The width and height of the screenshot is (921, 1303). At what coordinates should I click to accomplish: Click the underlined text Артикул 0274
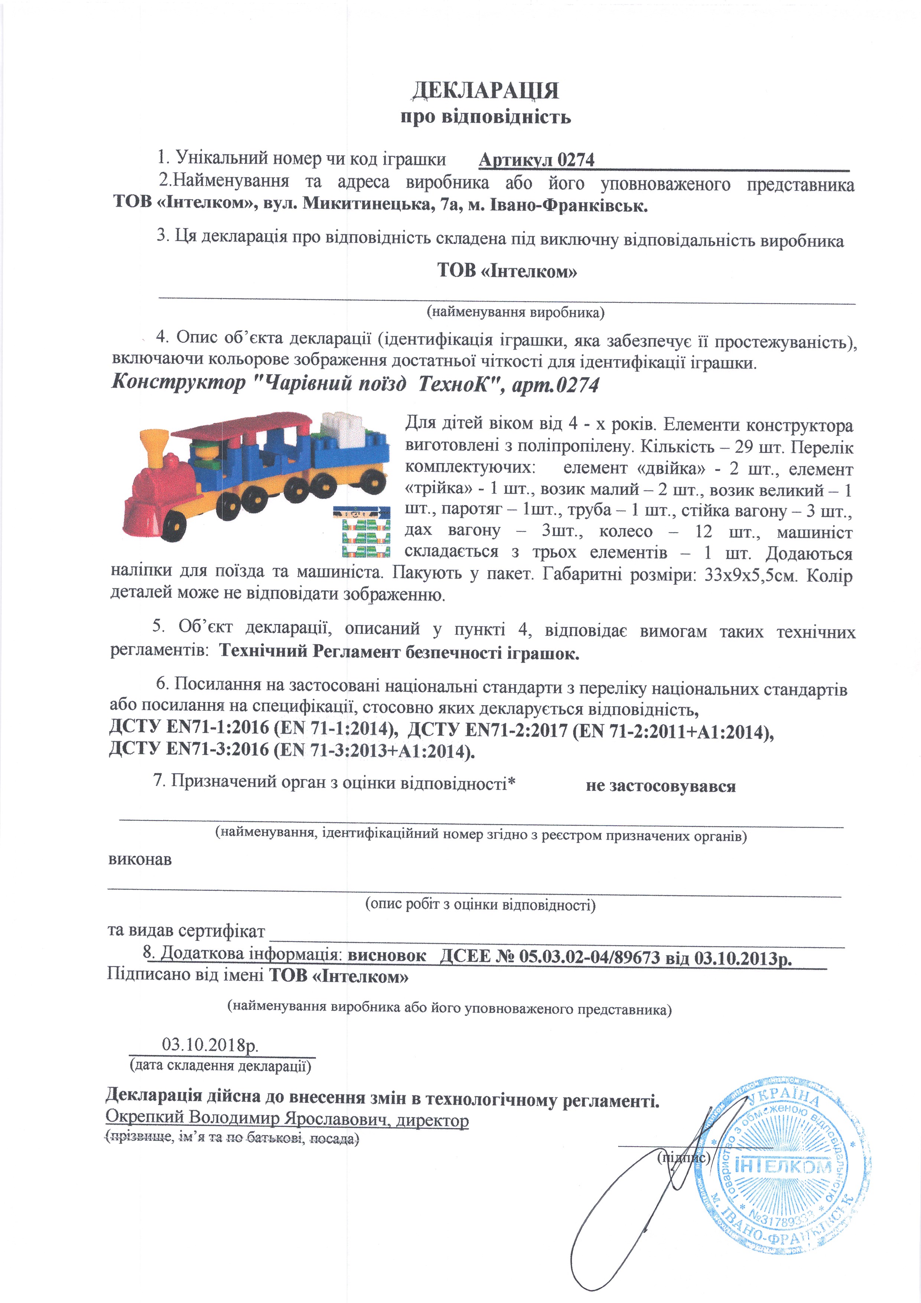tap(536, 160)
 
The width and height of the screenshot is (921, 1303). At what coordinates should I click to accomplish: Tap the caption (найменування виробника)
tap(515, 312)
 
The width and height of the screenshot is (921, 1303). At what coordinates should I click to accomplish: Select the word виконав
tap(140, 859)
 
